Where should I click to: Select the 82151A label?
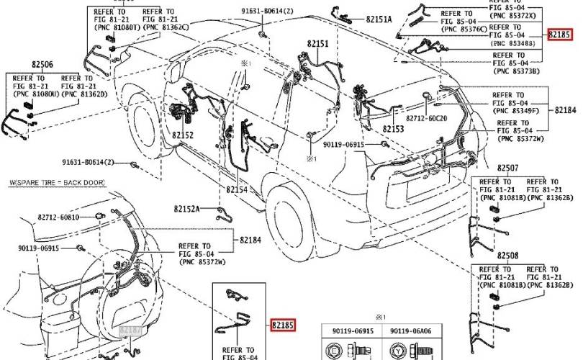379,19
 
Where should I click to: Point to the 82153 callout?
393,129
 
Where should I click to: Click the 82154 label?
237,189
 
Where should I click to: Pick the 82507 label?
507,168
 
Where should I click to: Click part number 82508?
507,256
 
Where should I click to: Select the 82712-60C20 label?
426,117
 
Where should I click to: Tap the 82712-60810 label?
59,217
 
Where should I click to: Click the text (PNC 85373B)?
516,71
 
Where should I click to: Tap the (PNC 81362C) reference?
166,27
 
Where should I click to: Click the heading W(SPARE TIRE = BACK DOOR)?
56,184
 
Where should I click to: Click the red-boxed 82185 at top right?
559,34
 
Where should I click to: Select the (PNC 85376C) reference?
465,29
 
